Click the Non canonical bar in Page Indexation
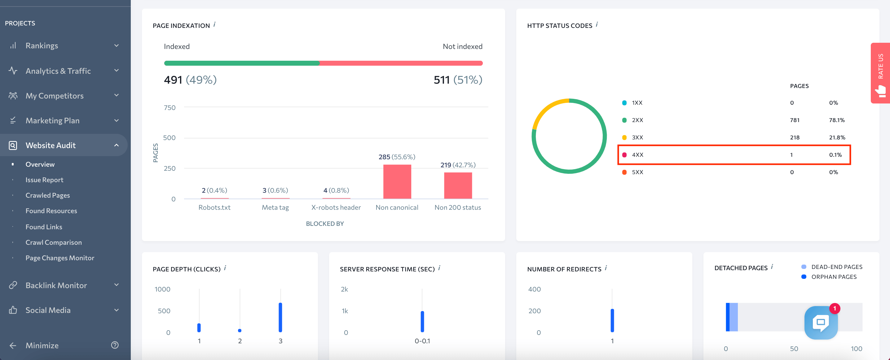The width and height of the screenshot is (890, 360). click(x=397, y=182)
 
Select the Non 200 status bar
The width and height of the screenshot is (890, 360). click(x=458, y=186)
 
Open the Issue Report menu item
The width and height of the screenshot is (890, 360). click(x=44, y=180)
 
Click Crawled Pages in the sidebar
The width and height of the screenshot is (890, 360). click(x=47, y=195)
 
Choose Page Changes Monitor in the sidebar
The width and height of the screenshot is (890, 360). click(x=60, y=258)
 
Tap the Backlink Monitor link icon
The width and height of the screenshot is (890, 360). click(x=13, y=285)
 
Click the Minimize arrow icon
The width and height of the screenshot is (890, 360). click(x=13, y=345)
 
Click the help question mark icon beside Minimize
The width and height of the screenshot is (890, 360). click(x=115, y=345)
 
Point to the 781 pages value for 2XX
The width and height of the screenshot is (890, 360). click(x=794, y=120)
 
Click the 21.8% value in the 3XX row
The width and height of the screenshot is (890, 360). click(x=837, y=137)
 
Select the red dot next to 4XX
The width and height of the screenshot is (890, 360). click(x=624, y=155)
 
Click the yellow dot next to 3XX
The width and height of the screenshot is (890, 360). click(x=624, y=138)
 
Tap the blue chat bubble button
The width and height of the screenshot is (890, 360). click(x=821, y=322)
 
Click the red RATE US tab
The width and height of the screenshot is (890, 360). click(x=880, y=72)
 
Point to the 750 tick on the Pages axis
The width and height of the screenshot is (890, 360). click(x=170, y=108)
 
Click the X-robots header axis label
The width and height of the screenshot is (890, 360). click(x=336, y=207)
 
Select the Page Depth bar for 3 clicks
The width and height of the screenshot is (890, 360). click(x=280, y=317)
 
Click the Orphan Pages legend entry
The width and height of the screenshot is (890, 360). click(x=833, y=277)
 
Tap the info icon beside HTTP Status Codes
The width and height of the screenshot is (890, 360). click(x=597, y=24)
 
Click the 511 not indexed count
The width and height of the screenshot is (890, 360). click(x=441, y=80)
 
